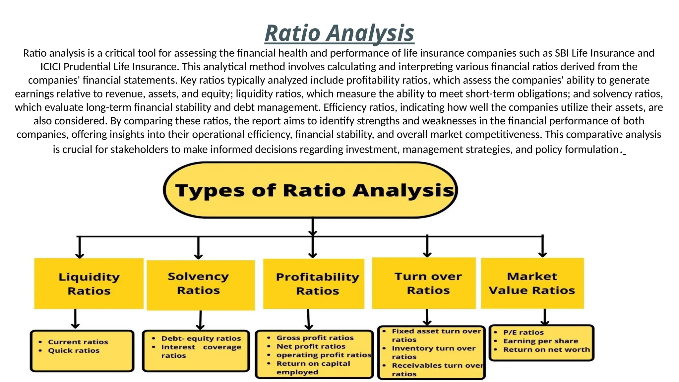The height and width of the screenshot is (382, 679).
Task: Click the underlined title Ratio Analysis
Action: coord(339,33)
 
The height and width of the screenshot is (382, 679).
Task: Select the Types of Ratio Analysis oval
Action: coord(311,190)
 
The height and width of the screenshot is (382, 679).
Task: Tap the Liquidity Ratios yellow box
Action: coord(89,284)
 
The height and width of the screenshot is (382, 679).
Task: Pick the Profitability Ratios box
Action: coord(314,284)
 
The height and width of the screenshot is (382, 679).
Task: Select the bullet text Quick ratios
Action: coord(74,350)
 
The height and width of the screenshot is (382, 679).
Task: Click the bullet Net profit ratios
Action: coord(311,347)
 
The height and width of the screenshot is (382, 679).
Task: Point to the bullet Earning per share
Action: coord(540,341)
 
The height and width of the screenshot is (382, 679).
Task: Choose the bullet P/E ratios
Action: coord(523,332)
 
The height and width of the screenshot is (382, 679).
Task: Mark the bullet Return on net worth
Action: coord(546,350)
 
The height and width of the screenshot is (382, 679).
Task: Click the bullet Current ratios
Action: coord(78,342)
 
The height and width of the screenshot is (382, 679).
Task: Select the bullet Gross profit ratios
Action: coord(315,338)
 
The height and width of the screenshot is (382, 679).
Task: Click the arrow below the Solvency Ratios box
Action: coord(200,320)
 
